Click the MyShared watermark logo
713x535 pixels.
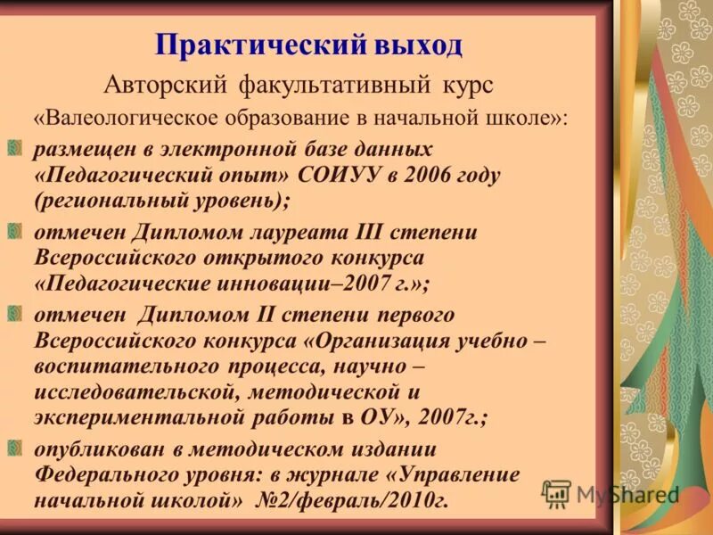pyautogui.click(x=611, y=493)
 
